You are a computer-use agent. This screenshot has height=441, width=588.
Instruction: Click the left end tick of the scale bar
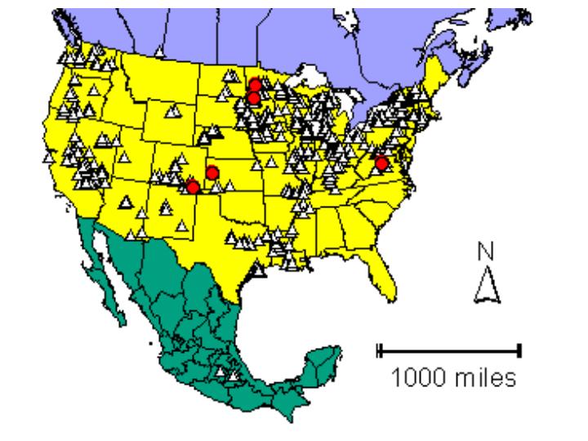coord(379,350)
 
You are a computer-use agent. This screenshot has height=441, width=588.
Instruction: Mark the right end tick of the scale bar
coord(519,350)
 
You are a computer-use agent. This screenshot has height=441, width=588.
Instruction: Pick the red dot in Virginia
coord(381,163)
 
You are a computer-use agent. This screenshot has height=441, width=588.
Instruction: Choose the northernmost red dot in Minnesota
coord(256,84)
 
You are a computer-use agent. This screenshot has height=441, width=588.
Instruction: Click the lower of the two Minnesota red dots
coord(254,98)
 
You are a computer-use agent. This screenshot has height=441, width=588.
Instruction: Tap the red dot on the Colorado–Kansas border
coord(212,172)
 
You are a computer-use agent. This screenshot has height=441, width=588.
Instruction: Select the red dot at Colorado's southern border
coord(193,187)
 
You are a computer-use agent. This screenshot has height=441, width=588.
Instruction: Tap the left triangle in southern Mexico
coord(220,372)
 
